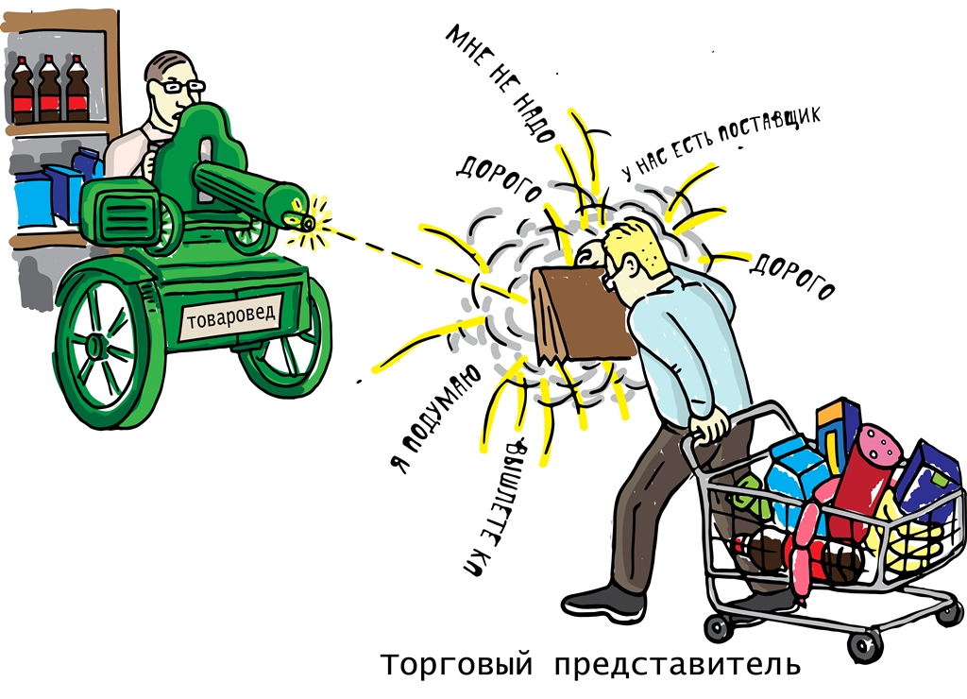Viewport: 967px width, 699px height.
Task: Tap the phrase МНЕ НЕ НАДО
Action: (x=500, y=83)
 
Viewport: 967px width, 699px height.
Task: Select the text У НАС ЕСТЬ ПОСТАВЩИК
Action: (x=721, y=143)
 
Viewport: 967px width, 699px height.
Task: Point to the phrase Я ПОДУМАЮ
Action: (x=434, y=418)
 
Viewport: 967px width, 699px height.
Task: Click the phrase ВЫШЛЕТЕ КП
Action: (x=494, y=508)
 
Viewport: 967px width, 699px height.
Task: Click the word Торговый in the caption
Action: (x=456, y=664)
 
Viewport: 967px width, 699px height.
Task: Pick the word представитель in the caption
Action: (x=677, y=665)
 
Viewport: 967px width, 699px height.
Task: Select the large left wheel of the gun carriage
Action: (x=98, y=346)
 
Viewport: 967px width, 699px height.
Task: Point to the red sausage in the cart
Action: (x=863, y=475)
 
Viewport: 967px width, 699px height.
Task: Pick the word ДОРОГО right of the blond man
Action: (x=792, y=276)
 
